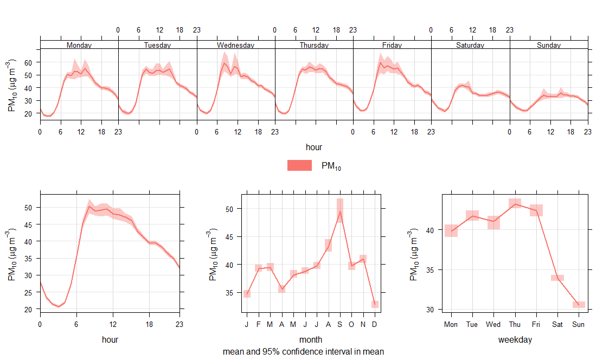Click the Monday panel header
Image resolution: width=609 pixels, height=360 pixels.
pyautogui.click(x=79, y=45)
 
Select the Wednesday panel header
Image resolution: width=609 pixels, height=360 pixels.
pyautogui.click(x=235, y=45)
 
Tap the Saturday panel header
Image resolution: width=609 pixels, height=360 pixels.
pyautogui.click(x=470, y=45)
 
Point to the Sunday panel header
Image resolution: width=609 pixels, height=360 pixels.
pyautogui.click(x=549, y=45)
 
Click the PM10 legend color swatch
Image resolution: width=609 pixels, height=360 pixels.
pyautogui.click(x=299, y=166)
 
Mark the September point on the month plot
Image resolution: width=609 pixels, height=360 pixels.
pyautogui.click(x=340, y=211)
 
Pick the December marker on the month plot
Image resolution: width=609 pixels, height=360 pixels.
pyautogui.click(x=375, y=304)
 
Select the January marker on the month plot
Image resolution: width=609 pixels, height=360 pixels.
pyautogui.click(x=247, y=294)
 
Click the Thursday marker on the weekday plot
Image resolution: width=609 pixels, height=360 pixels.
pyautogui.click(x=515, y=204)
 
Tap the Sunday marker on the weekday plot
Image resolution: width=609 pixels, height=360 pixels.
pyautogui.click(x=579, y=305)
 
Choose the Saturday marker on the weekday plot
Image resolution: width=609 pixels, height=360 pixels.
pyautogui.click(x=557, y=278)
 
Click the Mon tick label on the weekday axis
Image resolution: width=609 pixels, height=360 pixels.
pyautogui.click(x=451, y=324)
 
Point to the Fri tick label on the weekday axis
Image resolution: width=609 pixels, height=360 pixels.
pyautogui.click(x=536, y=324)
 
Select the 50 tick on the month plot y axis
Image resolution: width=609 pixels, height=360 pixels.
pyautogui.click(x=228, y=209)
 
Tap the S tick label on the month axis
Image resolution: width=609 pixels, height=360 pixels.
pyautogui.click(x=340, y=324)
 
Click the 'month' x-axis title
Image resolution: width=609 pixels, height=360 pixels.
pyautogui.click(x=311, y=340)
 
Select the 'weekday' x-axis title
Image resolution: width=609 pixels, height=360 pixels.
pyautogui.click(x=515, y=340)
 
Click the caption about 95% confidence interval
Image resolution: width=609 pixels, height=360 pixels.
pyautogui.click(x=303, y=351)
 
